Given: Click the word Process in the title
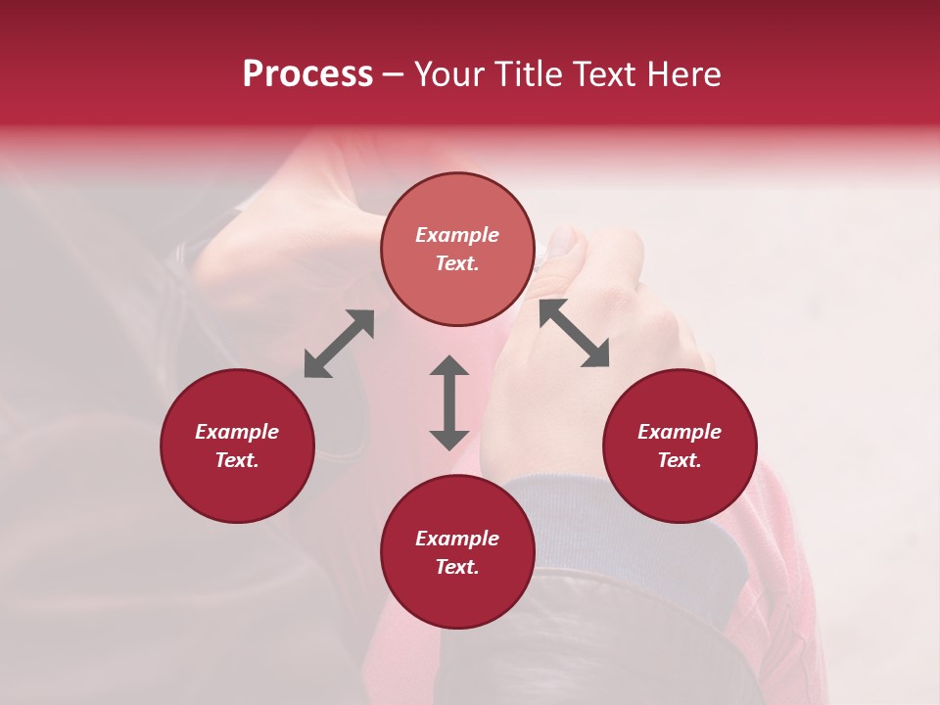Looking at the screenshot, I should click(x=307, y=74).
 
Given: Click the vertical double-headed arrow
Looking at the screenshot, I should click(x=449, y=402).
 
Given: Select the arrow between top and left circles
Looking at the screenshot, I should click(x=339, y=344).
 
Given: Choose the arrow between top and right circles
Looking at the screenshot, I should click(x=575, y=333).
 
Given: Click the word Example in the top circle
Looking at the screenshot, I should click(x=457, y=235).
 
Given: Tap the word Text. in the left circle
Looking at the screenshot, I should click(x=237, y=460).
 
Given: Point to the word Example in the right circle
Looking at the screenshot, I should click(x=680, y=432).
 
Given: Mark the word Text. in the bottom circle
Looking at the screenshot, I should click(x=457, y=567).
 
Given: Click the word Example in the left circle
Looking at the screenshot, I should click(x=237, y=432).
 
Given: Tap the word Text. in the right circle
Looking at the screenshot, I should click(x=680, y=460).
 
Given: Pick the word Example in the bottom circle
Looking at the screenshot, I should click(x=457, y=539).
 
